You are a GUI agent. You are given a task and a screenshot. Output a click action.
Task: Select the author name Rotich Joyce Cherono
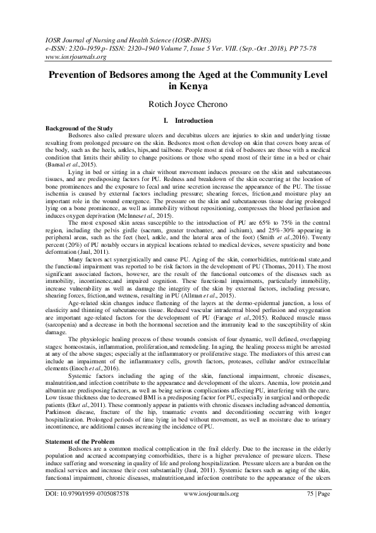[x=188, y=104]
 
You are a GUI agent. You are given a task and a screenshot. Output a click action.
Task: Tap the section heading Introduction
[x=194, y=120]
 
